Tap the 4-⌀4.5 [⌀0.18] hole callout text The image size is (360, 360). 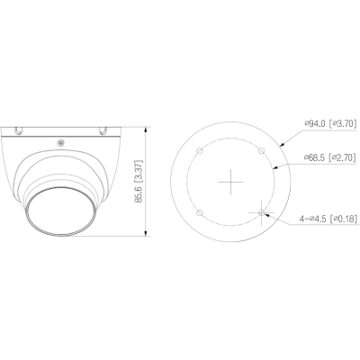316,216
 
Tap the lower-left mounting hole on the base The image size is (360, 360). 199,213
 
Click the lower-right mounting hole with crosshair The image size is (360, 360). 261,213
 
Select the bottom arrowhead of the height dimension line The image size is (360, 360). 146,237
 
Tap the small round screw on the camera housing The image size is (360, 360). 60,139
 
